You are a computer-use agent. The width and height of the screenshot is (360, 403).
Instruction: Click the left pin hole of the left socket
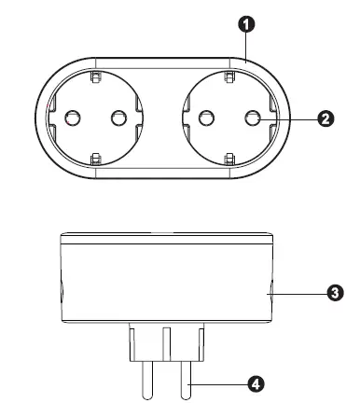click(74, 118)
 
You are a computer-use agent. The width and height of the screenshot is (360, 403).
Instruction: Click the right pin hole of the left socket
click(118, 118)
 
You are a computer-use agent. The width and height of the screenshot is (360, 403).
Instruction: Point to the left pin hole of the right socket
click(206, 118)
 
